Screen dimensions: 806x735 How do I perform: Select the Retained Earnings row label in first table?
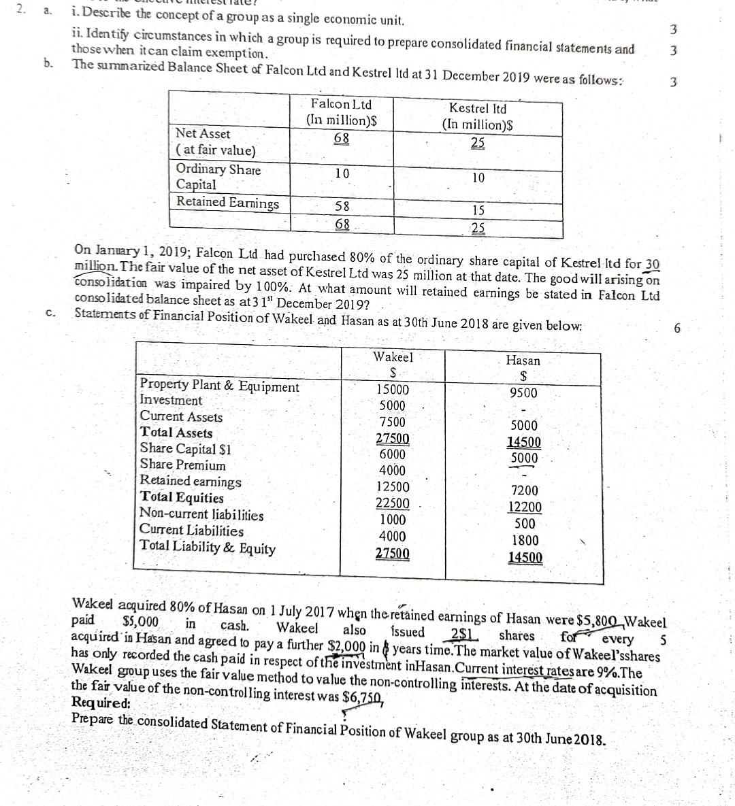(x=227, y=202)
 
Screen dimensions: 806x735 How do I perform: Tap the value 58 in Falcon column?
(x=342, y=206)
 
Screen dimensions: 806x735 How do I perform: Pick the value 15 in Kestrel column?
(x=478, y=210)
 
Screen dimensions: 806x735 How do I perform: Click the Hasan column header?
(x=523, y=360)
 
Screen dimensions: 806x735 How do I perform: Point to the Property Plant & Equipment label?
(x=219, y=386)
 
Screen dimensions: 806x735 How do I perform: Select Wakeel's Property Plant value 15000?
(x=393, y=390)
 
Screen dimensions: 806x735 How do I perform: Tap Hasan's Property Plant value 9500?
(x=523, y=393)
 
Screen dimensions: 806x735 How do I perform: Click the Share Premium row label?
(x=182, y=465)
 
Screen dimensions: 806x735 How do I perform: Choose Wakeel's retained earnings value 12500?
(x=393, y=487)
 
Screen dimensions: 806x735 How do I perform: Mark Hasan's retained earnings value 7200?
(x=524, y=490)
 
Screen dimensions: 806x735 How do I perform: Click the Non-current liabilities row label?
(x=201, y=515)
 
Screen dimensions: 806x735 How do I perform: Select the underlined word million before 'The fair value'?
(x=97, y=266)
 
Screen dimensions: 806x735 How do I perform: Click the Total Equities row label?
(x=182, y=498)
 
